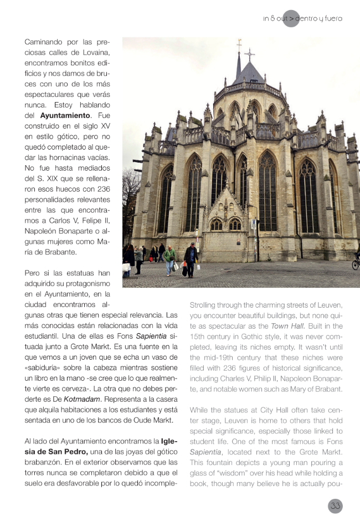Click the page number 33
tap(335, 505)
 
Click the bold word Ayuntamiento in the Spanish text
tap(65, 115)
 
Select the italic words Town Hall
tap(287, 326)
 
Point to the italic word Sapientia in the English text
tap(205, 452)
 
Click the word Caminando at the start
tap(44, 42)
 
